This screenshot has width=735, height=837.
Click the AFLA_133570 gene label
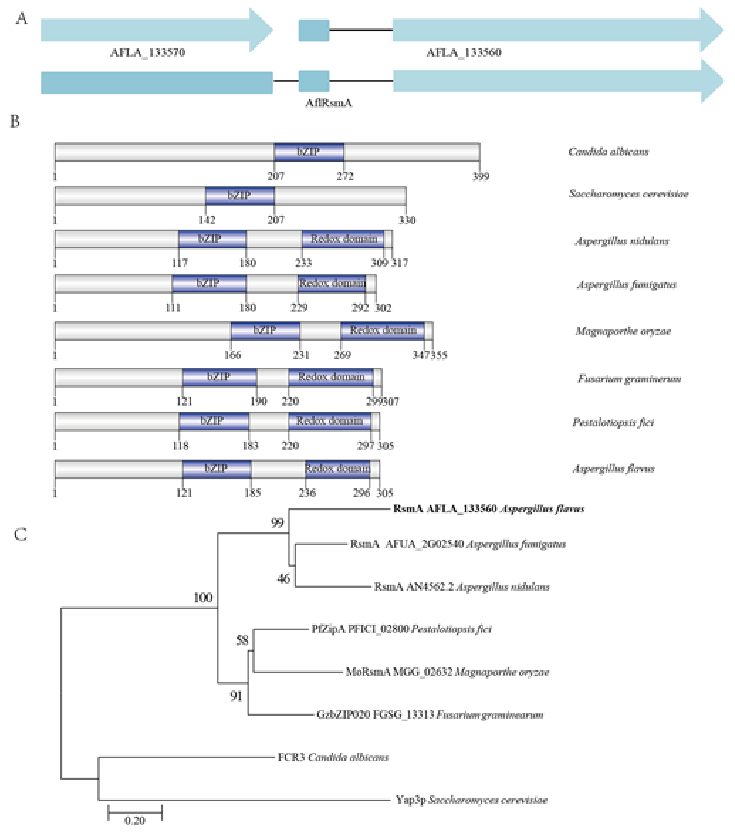point(147,52)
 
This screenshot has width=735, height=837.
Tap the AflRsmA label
point(328,103)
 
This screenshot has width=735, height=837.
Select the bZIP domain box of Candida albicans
point(309,152)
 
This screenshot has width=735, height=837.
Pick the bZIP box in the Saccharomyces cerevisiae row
point(239,195)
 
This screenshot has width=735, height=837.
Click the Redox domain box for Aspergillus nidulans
point(343,239)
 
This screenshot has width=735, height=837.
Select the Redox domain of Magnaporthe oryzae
point(382,330)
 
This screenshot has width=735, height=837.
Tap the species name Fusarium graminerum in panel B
point(629,379)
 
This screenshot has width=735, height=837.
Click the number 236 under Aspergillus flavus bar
point(307,493)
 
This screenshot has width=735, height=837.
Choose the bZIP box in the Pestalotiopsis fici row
point(213,421)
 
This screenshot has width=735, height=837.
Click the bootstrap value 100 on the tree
point(203,597)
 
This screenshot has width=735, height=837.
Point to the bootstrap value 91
point(236,696)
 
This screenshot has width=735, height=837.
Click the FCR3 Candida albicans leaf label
point(332,757)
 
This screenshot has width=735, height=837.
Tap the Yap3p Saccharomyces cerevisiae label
point(471,800)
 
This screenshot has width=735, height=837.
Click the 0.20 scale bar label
point(135,820)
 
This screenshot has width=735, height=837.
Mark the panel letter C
point(20,534)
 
